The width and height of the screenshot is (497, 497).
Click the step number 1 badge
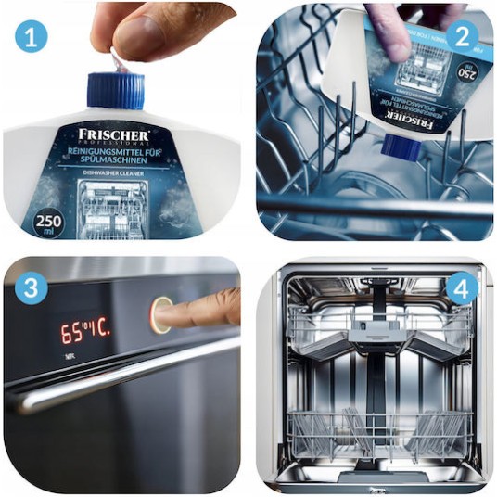[x=31, y=37]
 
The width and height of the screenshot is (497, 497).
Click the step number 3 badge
[x=31, y=289]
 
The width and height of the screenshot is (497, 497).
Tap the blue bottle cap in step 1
[x=115, y=90]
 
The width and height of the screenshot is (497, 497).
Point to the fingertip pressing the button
[x=182, y=314]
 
